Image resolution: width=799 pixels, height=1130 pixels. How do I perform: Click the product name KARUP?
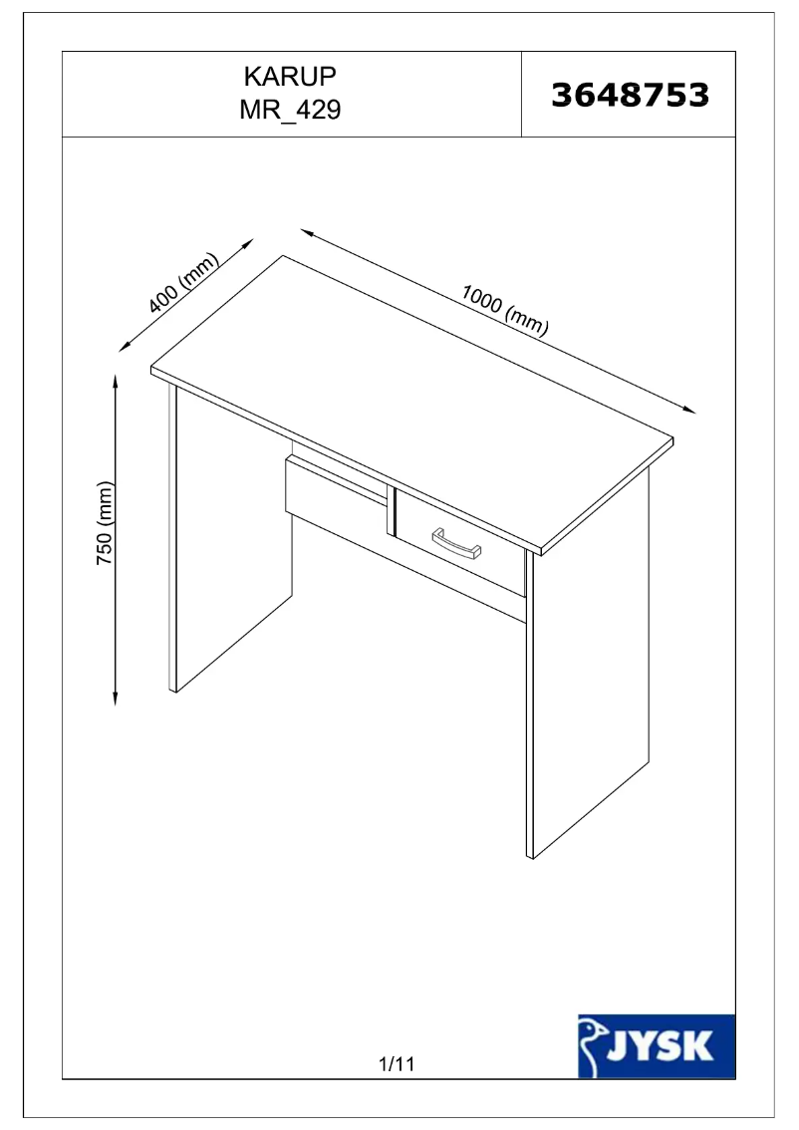point(290,78)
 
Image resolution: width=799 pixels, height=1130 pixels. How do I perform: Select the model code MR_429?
point(290,110)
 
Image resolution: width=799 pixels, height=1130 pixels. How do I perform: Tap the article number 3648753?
point(630,95)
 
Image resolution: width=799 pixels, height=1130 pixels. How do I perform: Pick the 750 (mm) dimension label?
point(104,525)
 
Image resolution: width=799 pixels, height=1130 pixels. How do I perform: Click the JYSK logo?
point(657,1045)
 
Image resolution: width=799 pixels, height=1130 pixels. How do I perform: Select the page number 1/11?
point(397,1064)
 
